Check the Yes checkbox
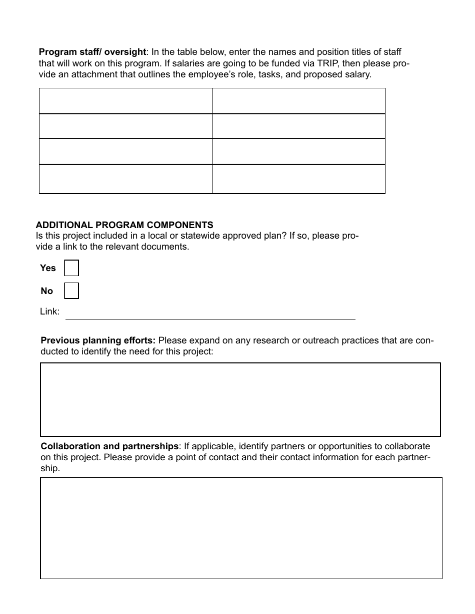click(x=71, y=268)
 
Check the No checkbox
click(x=71, y=291)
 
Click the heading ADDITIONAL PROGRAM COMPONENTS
click(x=124, y=225)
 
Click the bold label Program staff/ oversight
click(x=92, y=52)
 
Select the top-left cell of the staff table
click(x=125, y=101)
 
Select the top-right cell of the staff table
click(x=298, y=101)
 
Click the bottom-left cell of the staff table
click(x=125, y=179)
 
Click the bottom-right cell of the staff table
click(x=298, y=179)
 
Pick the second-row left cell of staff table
click(x=125, y=126)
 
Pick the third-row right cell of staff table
click(x=298, y=151)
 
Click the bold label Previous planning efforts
click(x=98, y=341)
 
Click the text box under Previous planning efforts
click(x=240, y=399)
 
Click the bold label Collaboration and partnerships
click(x=109, y=446)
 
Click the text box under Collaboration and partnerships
click(x=241, y=528)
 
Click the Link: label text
click(x=49, y=312)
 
